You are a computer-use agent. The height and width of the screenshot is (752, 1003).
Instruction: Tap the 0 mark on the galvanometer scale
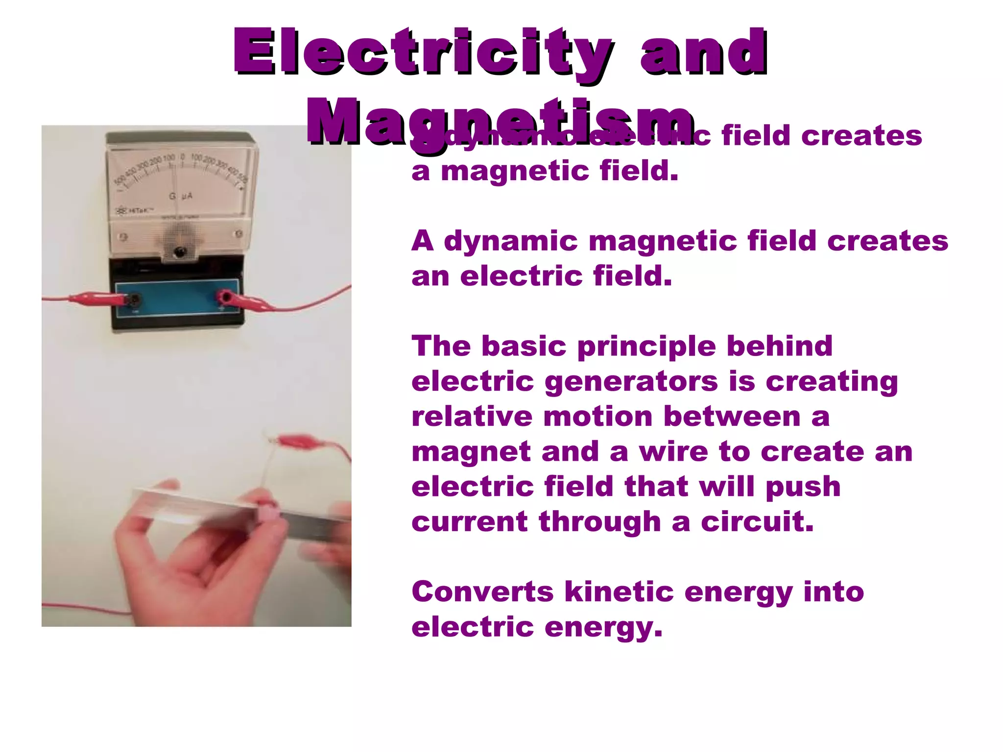(182, 157)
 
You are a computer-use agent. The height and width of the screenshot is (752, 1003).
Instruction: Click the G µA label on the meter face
(181, 196)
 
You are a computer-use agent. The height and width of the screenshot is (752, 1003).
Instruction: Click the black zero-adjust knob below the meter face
(180, 253)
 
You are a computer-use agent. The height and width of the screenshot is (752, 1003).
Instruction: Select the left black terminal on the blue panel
(134, 300)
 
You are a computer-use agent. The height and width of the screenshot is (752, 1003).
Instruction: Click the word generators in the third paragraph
(631, 381)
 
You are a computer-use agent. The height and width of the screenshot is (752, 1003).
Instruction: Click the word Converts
(482, 592)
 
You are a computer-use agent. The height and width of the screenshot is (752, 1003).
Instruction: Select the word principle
(646, 347)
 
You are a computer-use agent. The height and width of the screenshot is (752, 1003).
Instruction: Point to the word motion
(597, 417)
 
